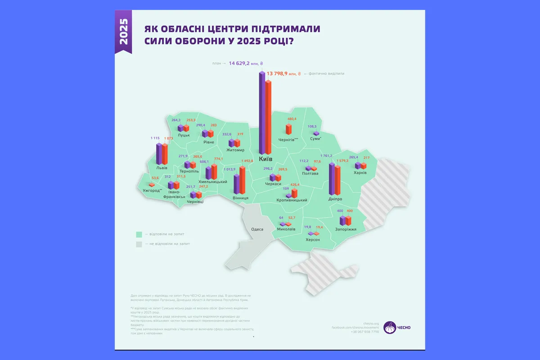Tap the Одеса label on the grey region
click(x=257, y=229)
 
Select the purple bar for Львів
click(x=159, y=154)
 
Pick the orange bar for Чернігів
click(x=288, y=129)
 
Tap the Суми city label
click(x=315, y=139)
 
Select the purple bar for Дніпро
click(x=332, y=179)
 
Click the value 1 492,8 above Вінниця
click(x=248, y=161)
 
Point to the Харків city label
click(x=360, y=173)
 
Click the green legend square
click(x=139, y=234)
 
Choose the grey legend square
click(x=139, y=244)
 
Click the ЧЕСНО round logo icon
click(x=389, y=328)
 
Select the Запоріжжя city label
click(x=346, y=229)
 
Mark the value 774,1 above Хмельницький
click(x=219, y=158)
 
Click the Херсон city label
click(x=312, y=240)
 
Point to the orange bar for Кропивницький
click(x=295, y=193)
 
